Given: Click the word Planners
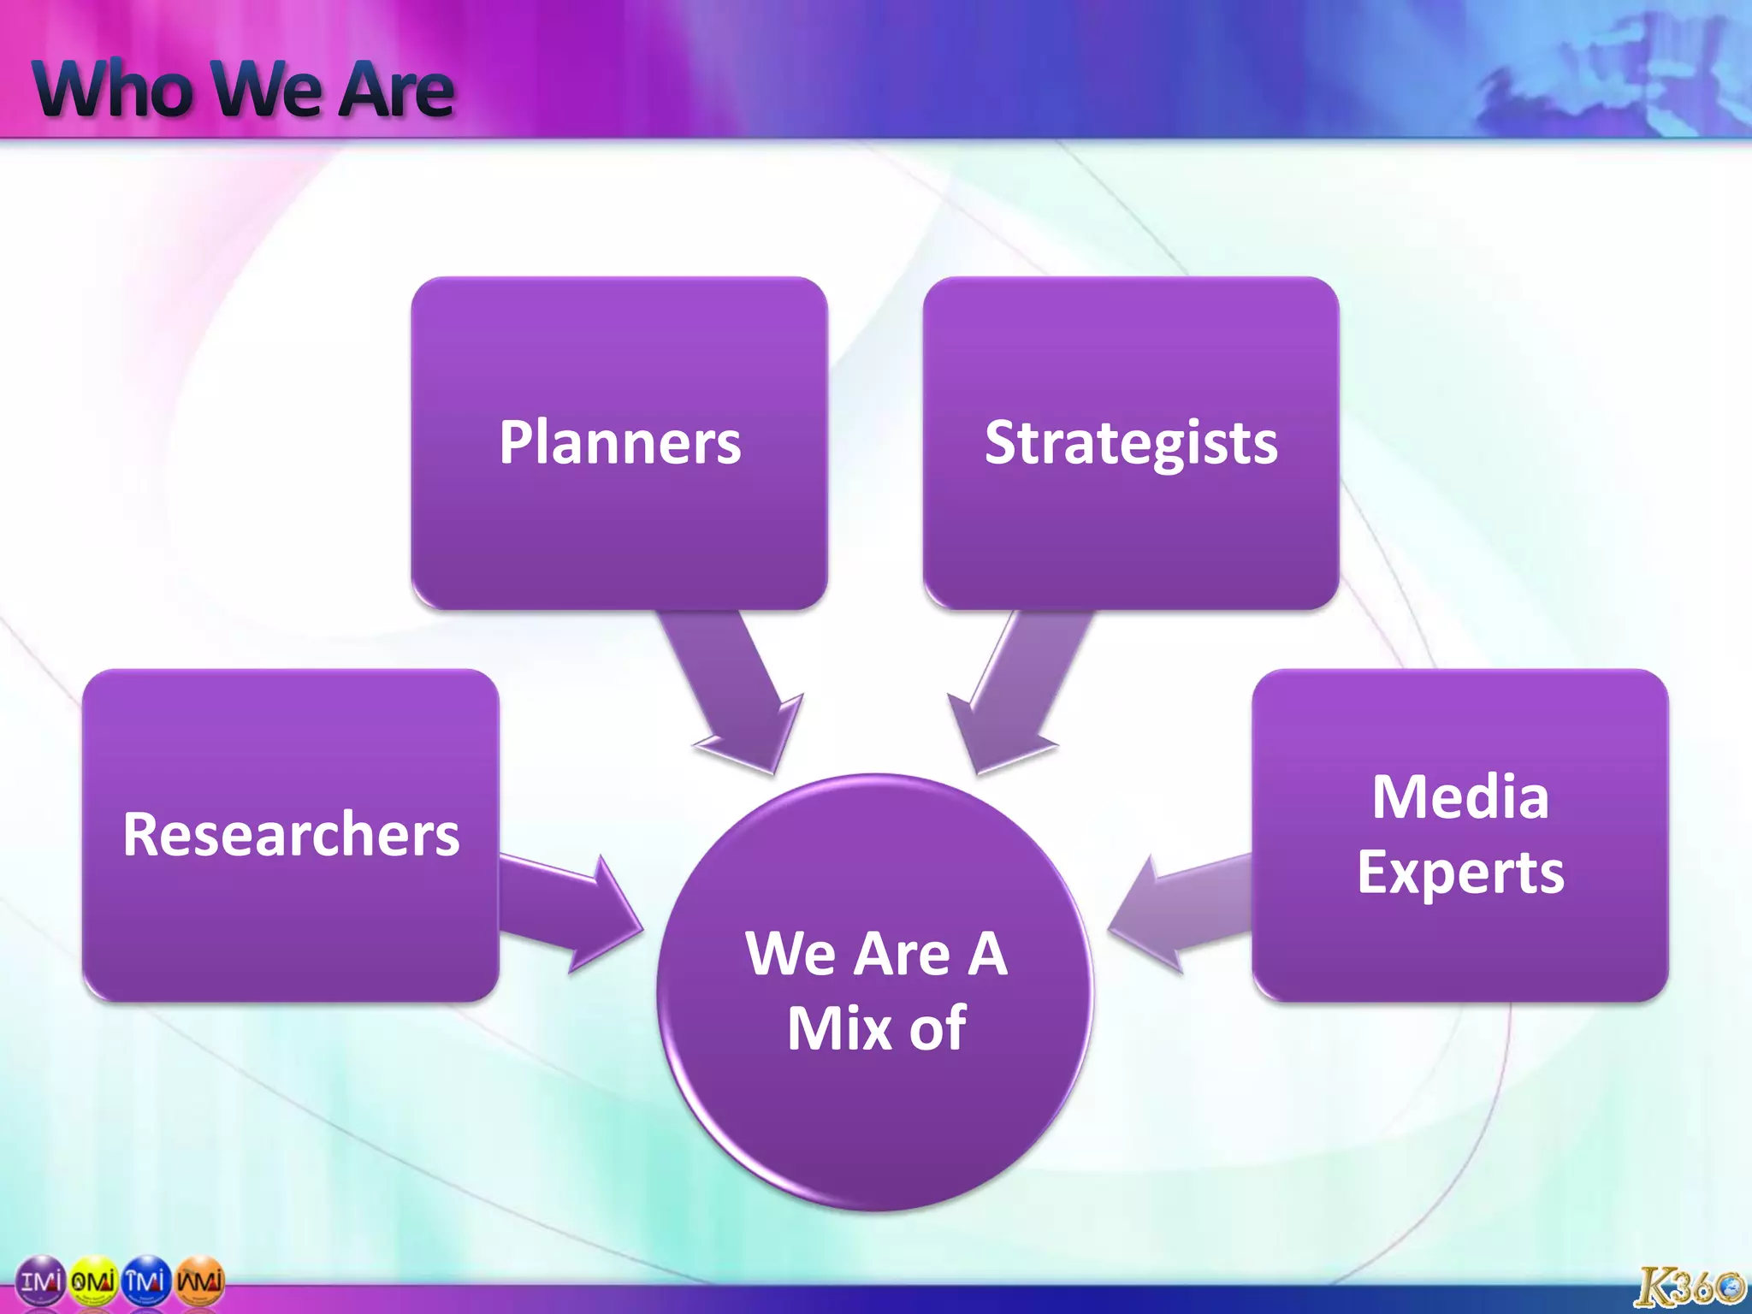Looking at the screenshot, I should [619, 443].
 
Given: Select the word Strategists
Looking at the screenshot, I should [1130, 443].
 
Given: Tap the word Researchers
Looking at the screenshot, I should [291, 835].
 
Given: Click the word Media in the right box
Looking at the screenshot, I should [1460, 797].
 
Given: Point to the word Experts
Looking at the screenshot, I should [1460, 873].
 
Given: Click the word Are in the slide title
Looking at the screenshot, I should [395, 89].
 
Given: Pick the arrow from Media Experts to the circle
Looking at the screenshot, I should [1181, 914].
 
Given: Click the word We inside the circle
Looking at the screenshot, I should [787, 953].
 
